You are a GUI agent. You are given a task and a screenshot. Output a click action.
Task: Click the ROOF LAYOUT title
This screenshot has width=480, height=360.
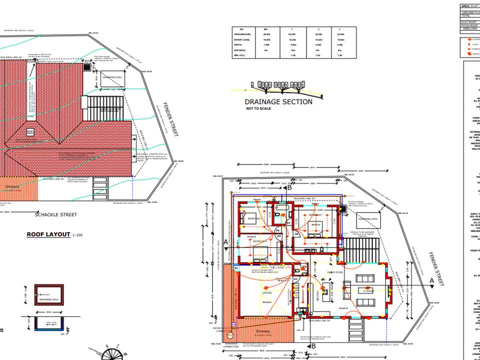click(x=48, y=234)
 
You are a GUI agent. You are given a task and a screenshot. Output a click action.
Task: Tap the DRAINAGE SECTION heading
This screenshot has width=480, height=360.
click(x=278, y=101)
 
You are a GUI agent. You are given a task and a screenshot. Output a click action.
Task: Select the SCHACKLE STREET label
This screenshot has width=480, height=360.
click(x=55, y=214)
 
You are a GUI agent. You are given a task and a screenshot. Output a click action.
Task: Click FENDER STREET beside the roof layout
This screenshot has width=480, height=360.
click(x=169, y=120)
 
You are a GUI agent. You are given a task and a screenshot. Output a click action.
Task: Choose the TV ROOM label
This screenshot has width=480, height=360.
click(x=368, y=290)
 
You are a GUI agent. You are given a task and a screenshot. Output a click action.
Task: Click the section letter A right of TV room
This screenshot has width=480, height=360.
click(x=431, y=281)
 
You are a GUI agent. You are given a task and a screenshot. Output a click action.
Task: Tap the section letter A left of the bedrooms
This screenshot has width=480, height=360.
click(x=226, y=242)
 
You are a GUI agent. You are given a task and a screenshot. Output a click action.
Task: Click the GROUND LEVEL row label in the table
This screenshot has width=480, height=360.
click(x=244, y=34)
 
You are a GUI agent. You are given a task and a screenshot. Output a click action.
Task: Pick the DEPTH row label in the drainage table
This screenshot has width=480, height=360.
click(x=239, y=45)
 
